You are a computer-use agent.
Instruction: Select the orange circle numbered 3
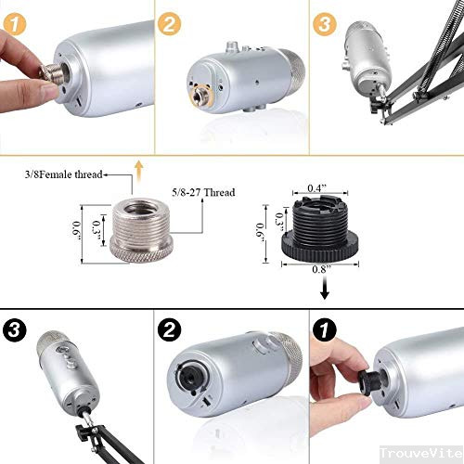pos(324,24)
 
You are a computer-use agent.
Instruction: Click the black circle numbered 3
pos(17,329)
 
